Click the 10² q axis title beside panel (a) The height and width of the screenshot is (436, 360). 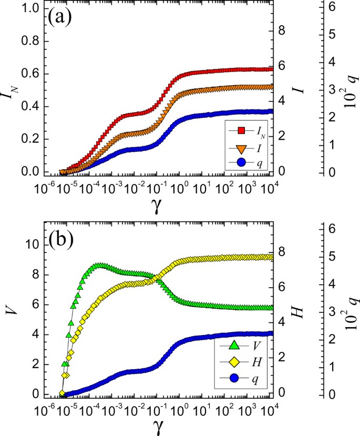click(x=348, y=93)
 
